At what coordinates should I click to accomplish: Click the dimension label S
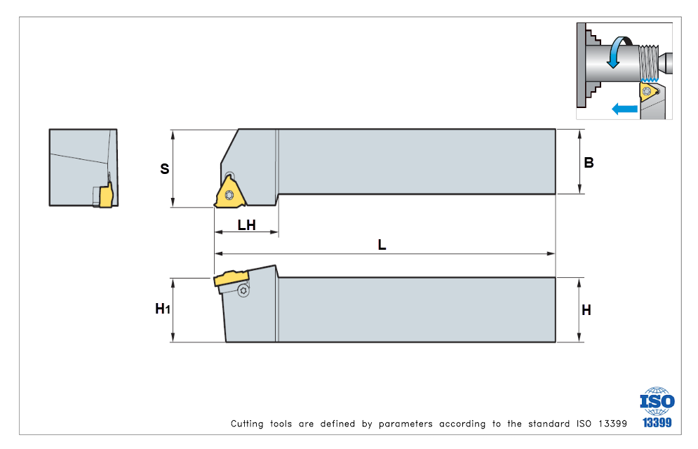[x=165, y=169]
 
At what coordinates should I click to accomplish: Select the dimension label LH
[x=246, y=224]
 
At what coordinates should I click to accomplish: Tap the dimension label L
[x=382, y=245]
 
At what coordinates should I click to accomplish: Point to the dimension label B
[x=589, y=163]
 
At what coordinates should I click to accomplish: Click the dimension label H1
[x=163, y=309]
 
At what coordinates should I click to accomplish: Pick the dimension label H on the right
[x=586, y=309]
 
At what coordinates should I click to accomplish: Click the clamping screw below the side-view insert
[x=243, y=290]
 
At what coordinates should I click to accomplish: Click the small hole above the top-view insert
[x=231, y=175]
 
